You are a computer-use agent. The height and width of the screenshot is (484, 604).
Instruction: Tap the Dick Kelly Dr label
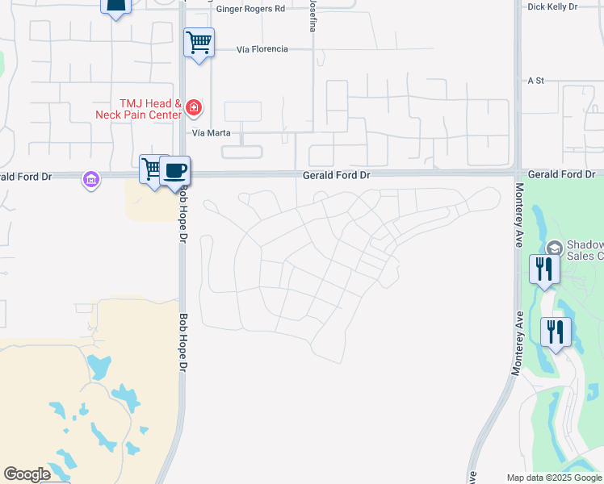[x=552, y=6]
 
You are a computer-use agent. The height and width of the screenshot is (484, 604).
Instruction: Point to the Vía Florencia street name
[x=262, y=49]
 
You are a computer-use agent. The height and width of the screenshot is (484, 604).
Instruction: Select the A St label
[x=536, y=81]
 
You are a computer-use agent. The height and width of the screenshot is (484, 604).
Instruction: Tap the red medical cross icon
[x=193, y=107]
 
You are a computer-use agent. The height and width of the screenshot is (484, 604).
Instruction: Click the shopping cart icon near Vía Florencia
[x=199, y=42]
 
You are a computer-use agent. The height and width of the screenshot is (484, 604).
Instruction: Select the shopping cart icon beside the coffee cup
[x=151, y=169]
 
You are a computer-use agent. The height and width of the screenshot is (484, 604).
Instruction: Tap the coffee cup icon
[x=174, y=171]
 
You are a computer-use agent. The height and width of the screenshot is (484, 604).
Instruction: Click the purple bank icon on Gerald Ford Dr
[x=91, y=179]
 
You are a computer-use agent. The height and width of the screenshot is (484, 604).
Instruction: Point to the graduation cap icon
[x=554, y=248]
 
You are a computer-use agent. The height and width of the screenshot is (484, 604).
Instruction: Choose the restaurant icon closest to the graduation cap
[x=544, y=268]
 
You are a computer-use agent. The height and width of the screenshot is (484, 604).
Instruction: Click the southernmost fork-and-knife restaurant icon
[x=556, y=331]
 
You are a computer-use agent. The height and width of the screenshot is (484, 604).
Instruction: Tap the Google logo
[x=27, y=474]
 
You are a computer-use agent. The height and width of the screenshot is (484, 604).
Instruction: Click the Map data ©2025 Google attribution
[x=554, y=478]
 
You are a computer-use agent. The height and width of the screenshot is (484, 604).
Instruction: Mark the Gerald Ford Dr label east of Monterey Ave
[x=561, y=174]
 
